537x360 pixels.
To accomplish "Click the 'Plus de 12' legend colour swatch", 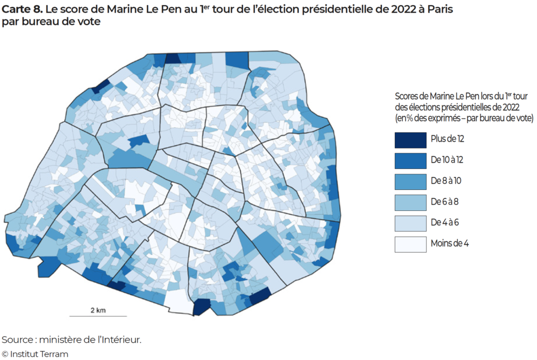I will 410,140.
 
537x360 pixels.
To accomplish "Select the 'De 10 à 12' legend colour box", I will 410,160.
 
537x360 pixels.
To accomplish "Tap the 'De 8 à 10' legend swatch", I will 410,181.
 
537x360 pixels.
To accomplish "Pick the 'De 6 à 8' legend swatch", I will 410,202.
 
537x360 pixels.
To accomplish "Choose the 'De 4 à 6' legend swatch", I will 410,223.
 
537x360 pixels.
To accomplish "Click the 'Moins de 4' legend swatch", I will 410,243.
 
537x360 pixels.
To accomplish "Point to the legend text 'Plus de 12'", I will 447,140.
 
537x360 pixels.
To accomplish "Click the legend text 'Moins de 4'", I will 449,243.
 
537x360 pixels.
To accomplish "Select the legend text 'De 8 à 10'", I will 445,181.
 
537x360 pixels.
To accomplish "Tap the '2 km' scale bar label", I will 98,310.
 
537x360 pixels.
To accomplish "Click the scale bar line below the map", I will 98,316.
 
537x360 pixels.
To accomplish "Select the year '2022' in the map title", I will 394,9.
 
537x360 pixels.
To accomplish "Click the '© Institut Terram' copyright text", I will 35,354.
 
